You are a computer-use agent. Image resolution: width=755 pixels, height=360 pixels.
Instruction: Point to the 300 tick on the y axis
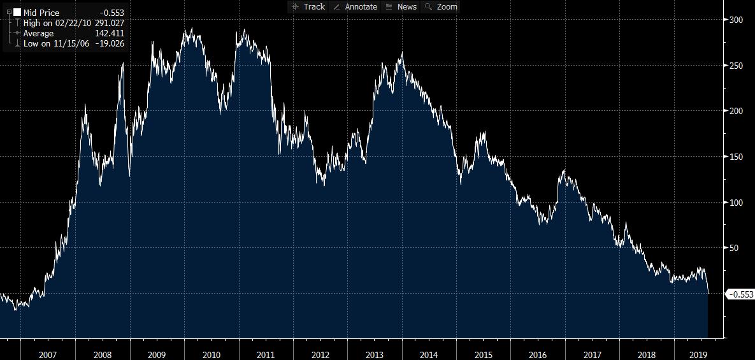[x=736, y=20]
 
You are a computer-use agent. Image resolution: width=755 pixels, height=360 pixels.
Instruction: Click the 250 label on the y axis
[x=736, y=66]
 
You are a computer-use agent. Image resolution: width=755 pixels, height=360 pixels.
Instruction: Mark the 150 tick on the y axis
[x=736, y=157]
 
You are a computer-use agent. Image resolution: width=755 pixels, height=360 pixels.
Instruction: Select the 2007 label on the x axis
[x=48, y=354]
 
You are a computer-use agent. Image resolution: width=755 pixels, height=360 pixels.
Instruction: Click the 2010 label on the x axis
[x=212, y=354]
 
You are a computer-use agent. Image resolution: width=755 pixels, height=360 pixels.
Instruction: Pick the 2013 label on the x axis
[x=375, y=354]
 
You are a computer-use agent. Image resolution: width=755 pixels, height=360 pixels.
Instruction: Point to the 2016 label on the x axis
[x=538, y=354]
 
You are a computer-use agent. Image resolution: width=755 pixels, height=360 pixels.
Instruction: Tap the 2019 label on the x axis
[x=700, y=354]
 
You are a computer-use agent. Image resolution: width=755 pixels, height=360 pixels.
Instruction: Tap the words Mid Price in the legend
[x=41, y=13]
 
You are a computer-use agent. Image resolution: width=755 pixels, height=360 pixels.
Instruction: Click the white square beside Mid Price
[x=17, y=13]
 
